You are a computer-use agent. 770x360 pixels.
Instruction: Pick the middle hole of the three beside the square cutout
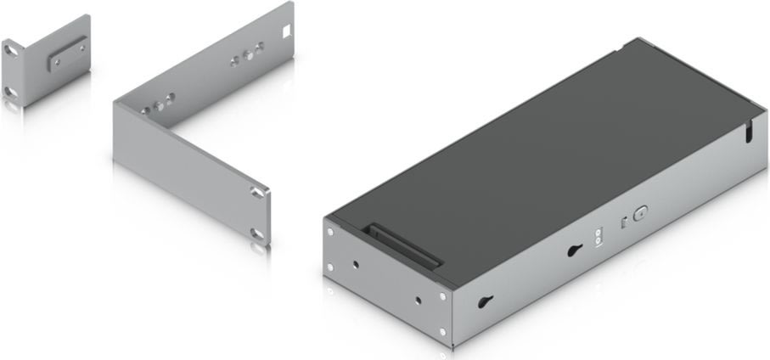[248, 57]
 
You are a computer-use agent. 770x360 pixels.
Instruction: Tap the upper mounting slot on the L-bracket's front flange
[256, 194]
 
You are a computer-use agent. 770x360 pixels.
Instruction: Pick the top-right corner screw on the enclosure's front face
[442, 296]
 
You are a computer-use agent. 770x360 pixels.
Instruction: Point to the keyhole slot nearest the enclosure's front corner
[486, 302]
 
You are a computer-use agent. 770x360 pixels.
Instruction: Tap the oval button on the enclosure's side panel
[640, 216]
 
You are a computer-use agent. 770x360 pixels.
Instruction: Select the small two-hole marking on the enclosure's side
[599, 238]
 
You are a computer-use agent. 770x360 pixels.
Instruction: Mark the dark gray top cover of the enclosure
[543, 153]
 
